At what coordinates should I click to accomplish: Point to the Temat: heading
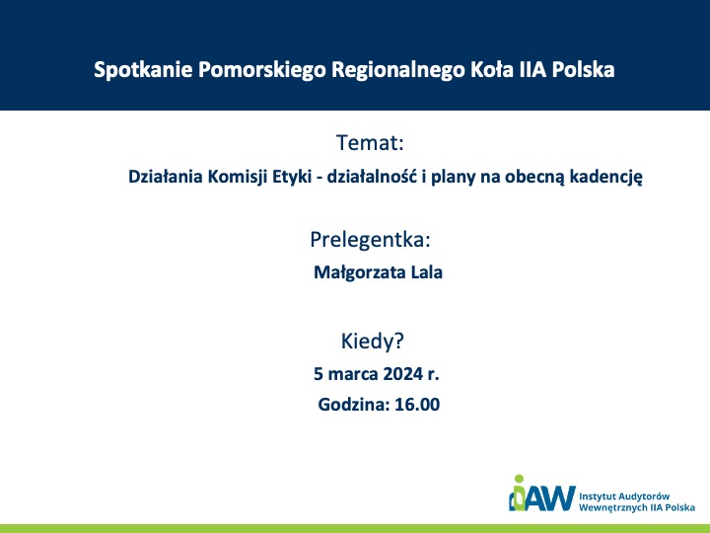(x=370, y=143)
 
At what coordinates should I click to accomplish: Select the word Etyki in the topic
(x=292, y=177)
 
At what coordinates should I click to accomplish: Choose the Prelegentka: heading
(x=370, y=240)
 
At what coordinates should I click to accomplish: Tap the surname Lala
(x=427, y=272)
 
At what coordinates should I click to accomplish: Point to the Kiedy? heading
(x=372, y=342)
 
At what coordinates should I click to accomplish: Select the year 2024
(x=402, y=374)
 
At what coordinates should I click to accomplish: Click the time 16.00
(x=417, y=405)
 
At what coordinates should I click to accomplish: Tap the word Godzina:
(x=354, y=405)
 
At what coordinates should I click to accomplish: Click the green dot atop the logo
(x=519, y=479)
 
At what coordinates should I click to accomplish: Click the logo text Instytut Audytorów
(x=624, y=496)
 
